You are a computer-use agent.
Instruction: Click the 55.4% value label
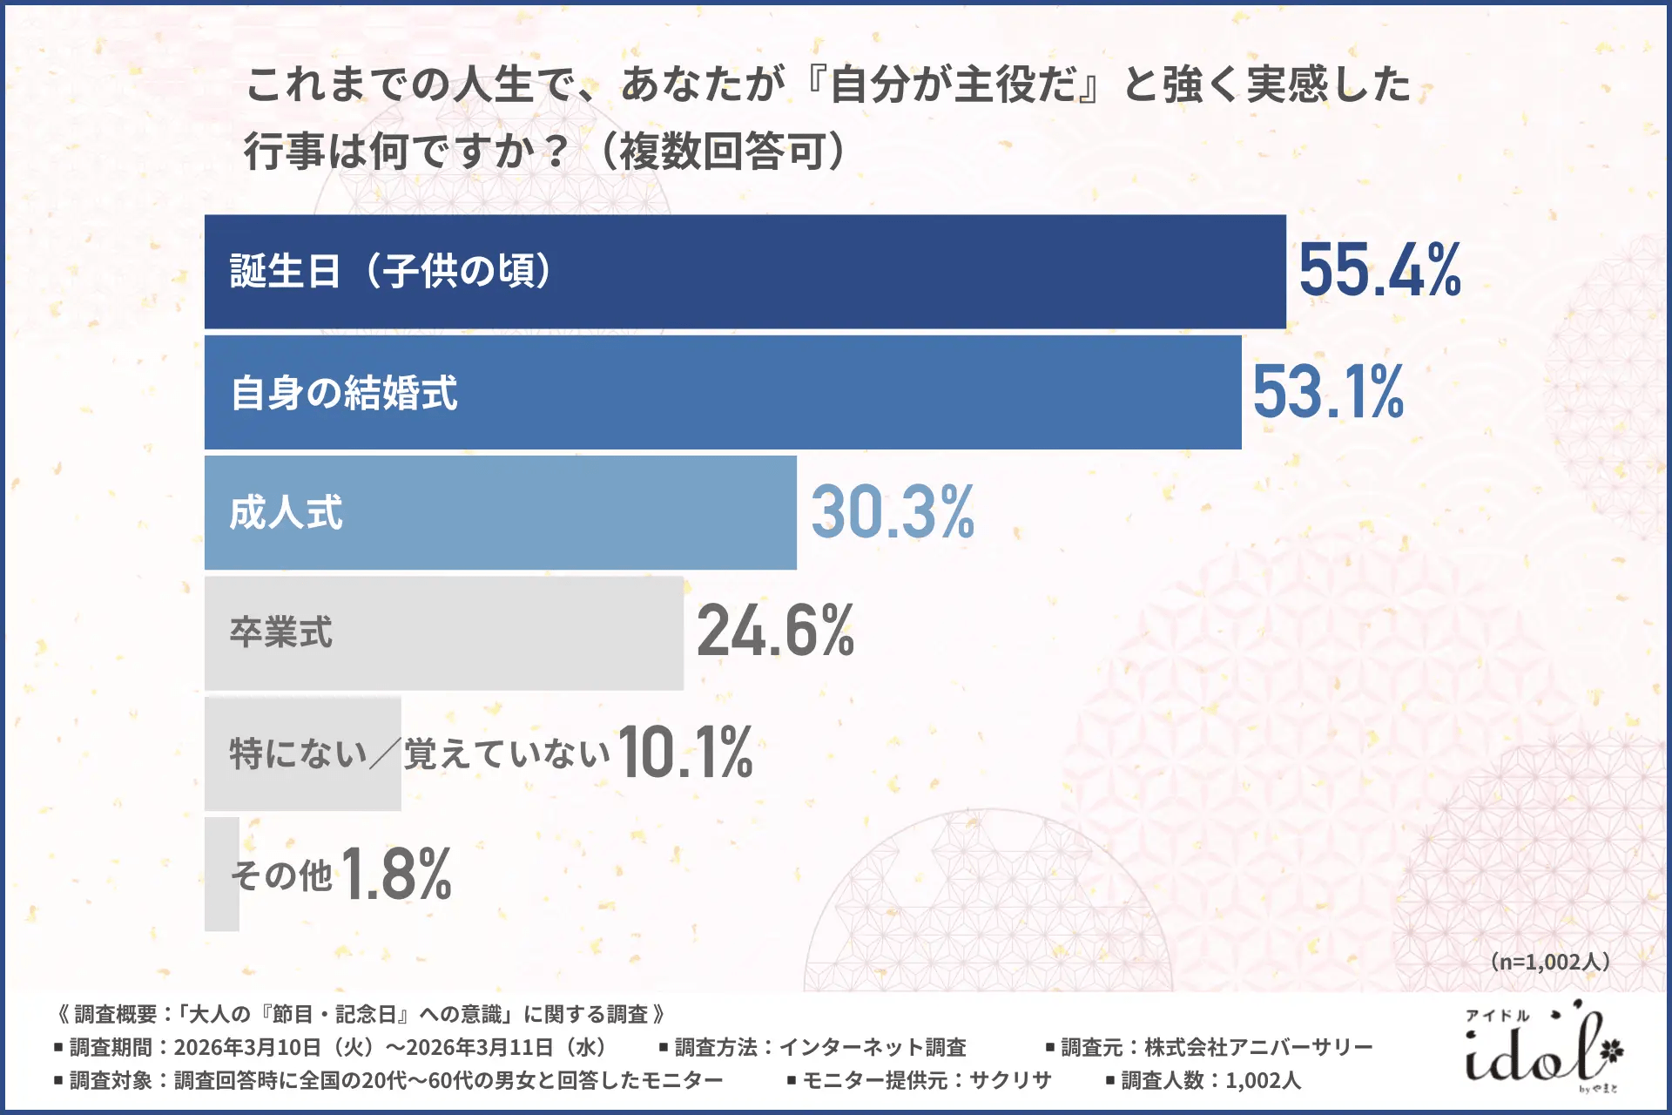(x=1379, y=270)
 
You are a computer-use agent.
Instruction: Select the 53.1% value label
(x=1328, y=392)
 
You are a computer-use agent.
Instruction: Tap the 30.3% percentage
(x=893, y=512)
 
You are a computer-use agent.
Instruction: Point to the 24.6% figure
(x=775, y=632)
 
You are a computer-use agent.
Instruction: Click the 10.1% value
(x=685, y=753)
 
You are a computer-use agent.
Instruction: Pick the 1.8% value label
(x=396, y=874)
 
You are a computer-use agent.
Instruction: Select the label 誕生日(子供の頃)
(x=390, y=271)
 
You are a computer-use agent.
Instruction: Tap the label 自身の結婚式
(x=344, y=393)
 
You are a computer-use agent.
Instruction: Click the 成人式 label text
(x=286, y=513)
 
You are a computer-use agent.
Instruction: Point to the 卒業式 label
(x=280, y=632)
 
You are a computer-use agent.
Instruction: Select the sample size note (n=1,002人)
(x=1550, y=962)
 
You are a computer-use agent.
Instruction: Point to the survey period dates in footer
(x=390, y=1047)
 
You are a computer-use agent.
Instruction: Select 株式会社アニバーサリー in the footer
(x=1258, y=1047)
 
